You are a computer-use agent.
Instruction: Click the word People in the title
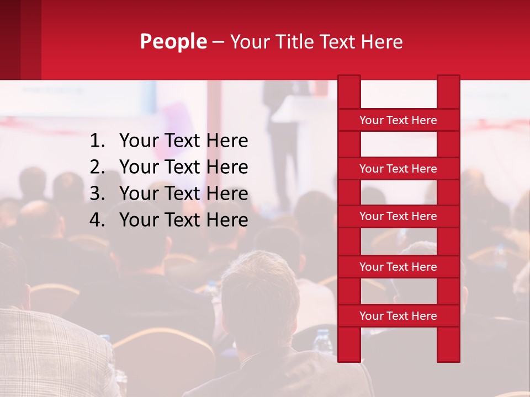pyautogui.click(x=173, y=41)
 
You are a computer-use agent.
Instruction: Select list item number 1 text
pyautogui.click(x=183, y=141)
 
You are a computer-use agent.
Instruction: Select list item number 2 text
pyautogui.click(x=183, y=167)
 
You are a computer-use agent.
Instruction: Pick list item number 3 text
pyautogui.click(x=183, y=194)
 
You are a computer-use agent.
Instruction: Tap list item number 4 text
pyautogui.click(x=183, y=220)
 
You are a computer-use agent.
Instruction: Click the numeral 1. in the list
pyautogui.click(x=97, y=141)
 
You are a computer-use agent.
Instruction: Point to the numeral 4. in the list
pyautogui.click(x=97, y=220)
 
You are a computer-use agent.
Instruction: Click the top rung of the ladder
pyautogui.click(x=398, y=120)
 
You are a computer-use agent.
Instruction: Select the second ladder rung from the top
pyautogui.click(x=398, y=169)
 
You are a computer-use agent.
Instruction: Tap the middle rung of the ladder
pyautogui.click(x=398, y=216)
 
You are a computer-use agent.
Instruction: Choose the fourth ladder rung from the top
pyautogui.click(x=398, y=267)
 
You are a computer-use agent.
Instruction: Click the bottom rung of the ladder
pyautogui.click(x=398, y=316)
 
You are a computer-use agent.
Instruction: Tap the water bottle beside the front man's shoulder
pyautogui.click(x=322, y=342)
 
